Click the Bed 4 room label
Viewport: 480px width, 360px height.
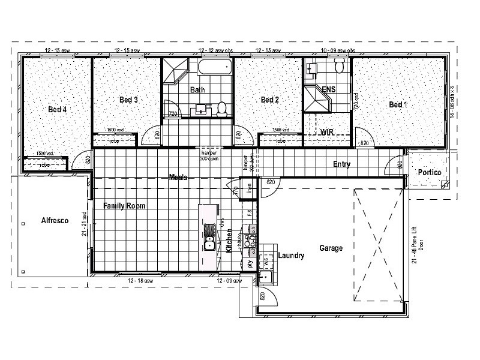pos(58,110)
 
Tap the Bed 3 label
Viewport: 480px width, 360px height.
pos(128,100)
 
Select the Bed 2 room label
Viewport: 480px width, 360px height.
pos(270,100)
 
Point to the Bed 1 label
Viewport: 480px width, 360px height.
pos(398,104)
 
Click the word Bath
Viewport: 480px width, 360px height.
pos(197,91)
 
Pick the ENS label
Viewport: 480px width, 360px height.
pos(328,90)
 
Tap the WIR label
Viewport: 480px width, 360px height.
pos(327,131)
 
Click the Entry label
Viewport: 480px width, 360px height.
pos(342,164)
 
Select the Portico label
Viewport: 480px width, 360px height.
pos(430,172)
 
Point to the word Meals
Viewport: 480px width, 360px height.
pos(178,178)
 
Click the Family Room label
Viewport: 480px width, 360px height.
pos(124,206)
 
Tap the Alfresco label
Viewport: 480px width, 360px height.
pos(55,221)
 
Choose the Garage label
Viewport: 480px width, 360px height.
pos(331,247)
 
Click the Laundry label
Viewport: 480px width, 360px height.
pos(291,256)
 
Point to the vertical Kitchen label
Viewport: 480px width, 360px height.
pos(229,245)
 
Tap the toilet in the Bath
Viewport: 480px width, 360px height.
pos(221,109)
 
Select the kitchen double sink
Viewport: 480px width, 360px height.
pos(209,236)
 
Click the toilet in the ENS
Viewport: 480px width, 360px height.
pos(339,66)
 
